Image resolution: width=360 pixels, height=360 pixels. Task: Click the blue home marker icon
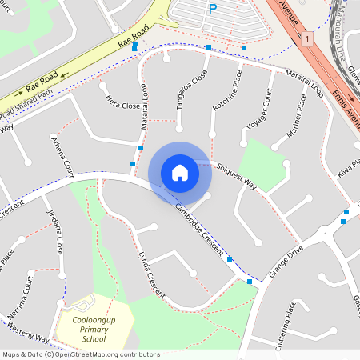[180, 173]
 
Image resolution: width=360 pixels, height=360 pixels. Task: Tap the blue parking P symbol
[212, 10]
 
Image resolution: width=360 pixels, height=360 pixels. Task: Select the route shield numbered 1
[307, 38]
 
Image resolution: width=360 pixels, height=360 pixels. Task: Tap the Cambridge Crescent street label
[199, 229]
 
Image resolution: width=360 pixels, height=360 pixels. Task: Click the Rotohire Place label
[226, 95]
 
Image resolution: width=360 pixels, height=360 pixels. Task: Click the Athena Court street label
[62, 156]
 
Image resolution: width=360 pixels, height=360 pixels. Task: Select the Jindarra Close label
[55, 232]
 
